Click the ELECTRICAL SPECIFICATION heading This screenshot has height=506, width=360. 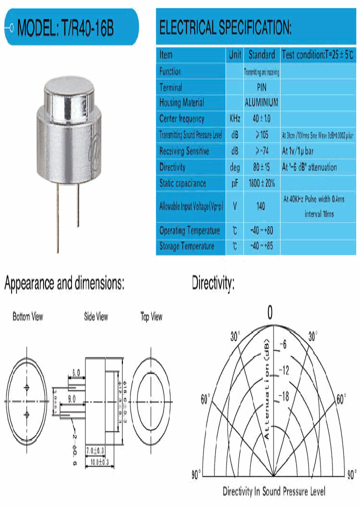(225, 27)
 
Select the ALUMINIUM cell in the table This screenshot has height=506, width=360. (261, 102)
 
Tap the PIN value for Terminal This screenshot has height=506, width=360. (261, 87)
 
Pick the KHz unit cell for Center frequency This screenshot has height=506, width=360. (235, 119)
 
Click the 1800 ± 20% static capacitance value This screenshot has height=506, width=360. (261, 183)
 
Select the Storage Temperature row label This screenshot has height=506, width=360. (186, 246)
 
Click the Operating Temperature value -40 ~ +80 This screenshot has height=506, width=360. (261, 230)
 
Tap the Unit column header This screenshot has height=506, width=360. (235, 54)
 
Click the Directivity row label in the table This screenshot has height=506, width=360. (172, 167)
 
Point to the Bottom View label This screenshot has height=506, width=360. (27, 316)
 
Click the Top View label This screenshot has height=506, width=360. (151, 316)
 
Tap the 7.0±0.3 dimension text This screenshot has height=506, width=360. (95, 451)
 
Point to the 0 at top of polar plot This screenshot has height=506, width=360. (270, 313)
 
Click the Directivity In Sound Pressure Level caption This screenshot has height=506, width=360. (273, 491)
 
